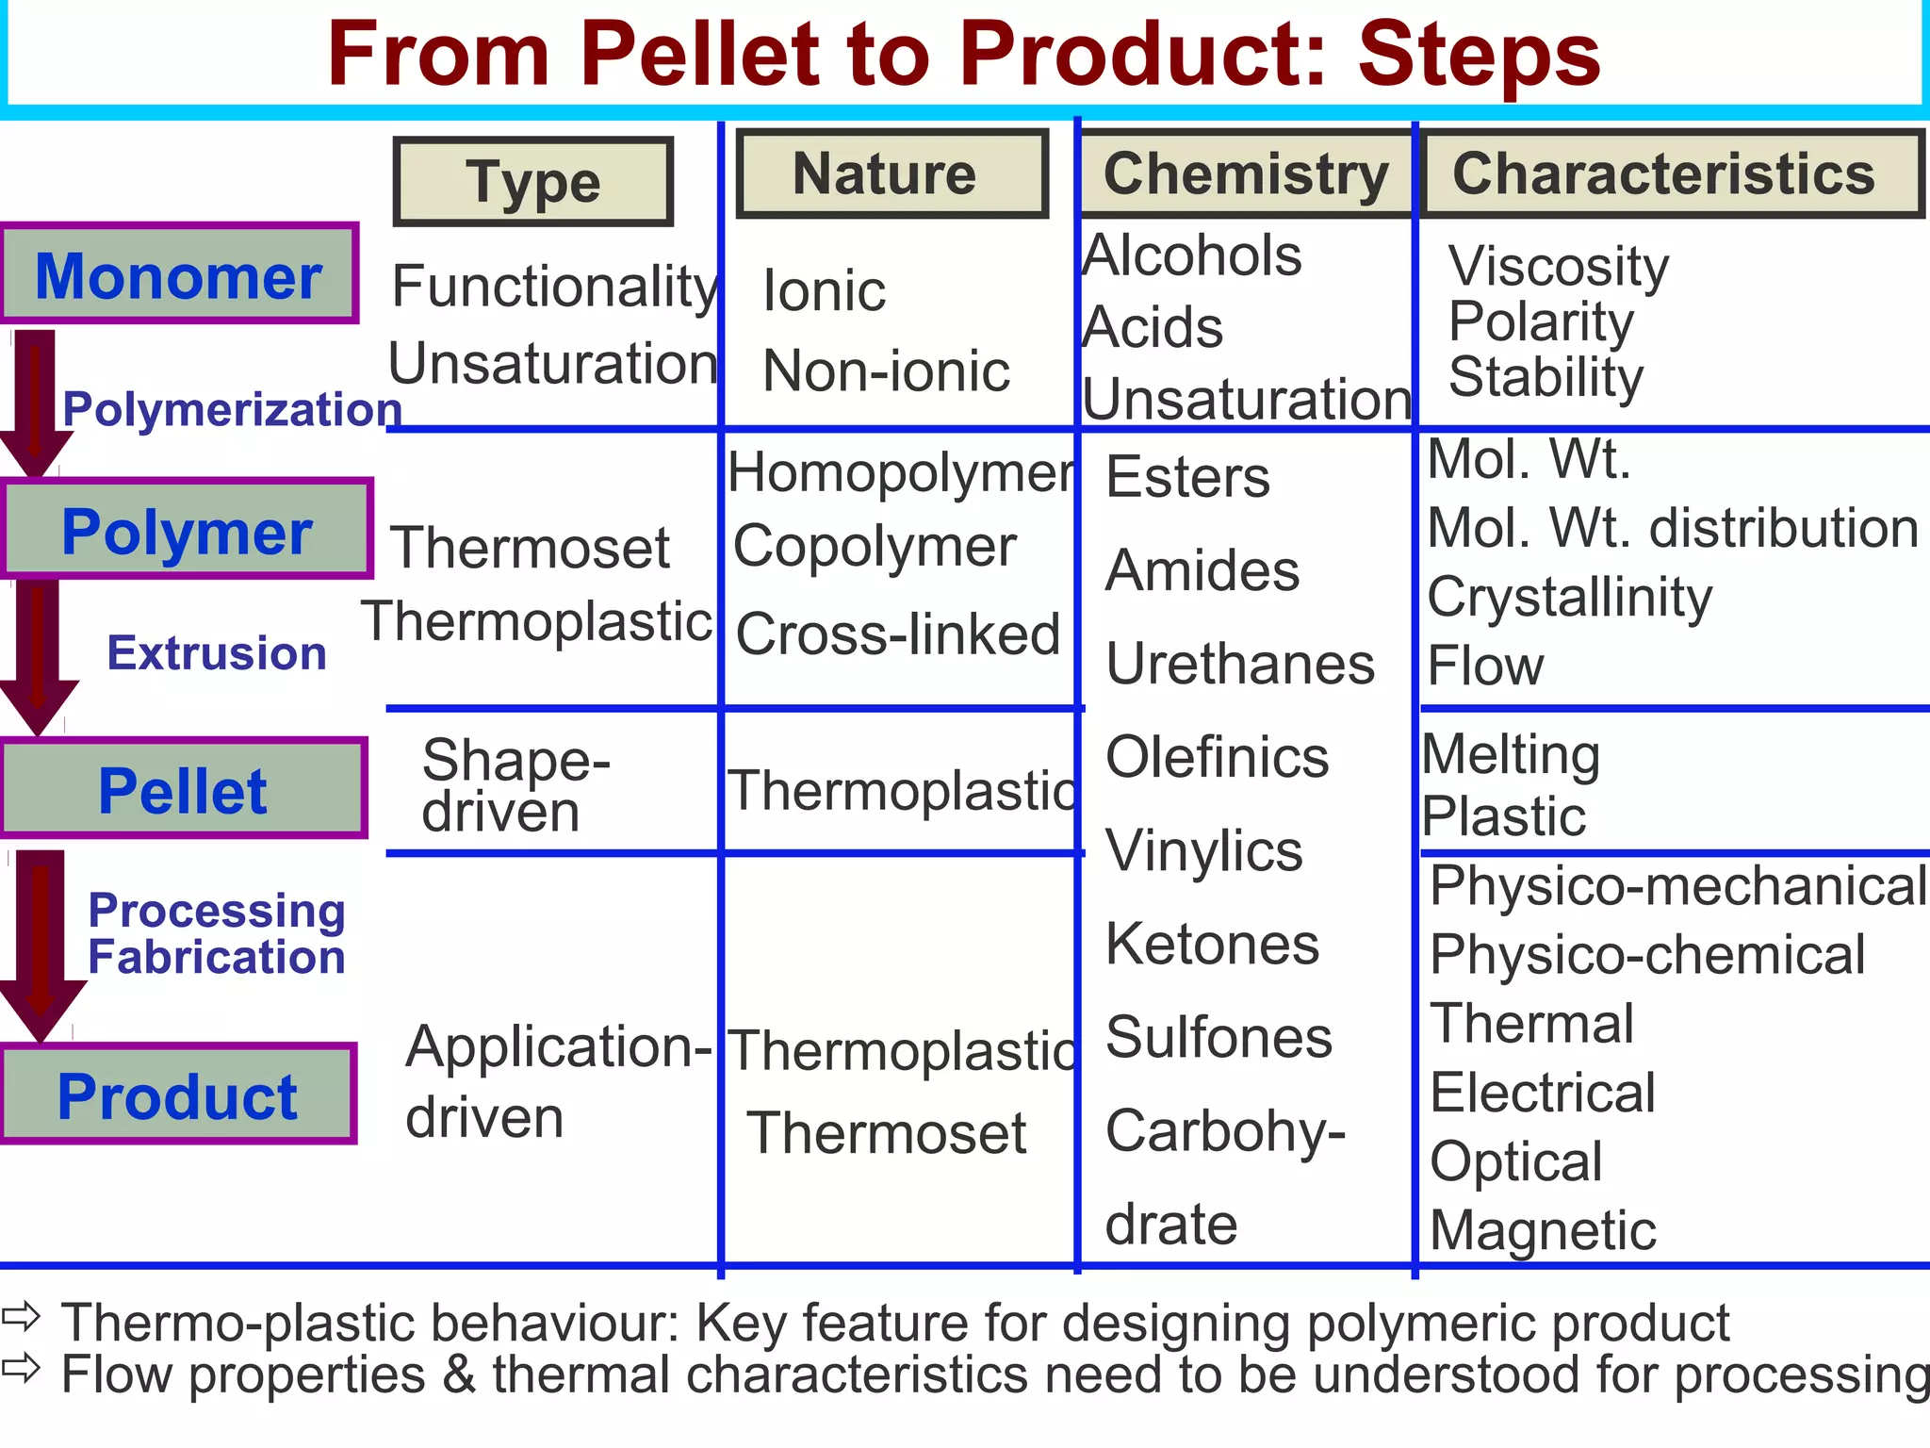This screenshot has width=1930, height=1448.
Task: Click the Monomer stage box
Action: click(x=179, y=274)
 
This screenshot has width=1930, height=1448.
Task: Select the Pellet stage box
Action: click(x=183, y=790)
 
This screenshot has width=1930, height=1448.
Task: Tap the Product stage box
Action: click(x=178, y=1094)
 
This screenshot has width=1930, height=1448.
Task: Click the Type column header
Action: click(x=533, y=181)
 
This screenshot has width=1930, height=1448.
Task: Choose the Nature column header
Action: click(x=891, y=174)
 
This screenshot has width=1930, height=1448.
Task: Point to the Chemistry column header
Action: click(x=1246, y=174)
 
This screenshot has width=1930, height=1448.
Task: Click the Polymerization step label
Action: click(x=232, y=409)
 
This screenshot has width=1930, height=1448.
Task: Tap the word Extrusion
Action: click(x=217, y=652)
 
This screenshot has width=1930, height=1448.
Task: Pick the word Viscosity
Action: click(x=1559, y=266)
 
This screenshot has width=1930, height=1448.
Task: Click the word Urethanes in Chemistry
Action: click(x=1240, y=664)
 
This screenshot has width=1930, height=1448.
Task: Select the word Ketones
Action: click(x=1212, y=944)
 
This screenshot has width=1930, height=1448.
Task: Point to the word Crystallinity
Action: click(x=1569, y=598)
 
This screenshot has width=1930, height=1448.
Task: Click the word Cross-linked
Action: click(x=898, y=633)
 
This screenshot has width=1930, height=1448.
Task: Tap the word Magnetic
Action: click(x=1543, y=1230)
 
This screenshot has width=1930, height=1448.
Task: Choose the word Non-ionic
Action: click(x=886, y=370)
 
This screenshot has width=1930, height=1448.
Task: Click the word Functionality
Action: click(x=554, y=287)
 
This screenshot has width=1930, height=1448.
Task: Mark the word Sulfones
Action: click(x=1219, y=1038)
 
